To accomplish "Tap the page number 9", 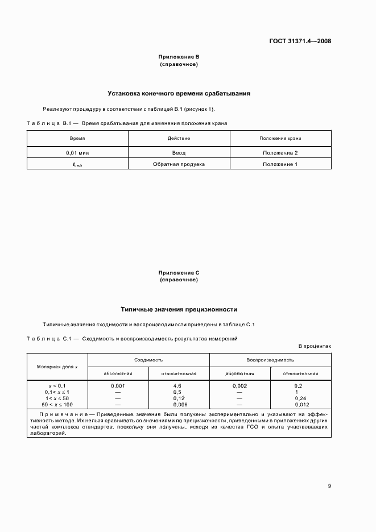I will pos(329,486).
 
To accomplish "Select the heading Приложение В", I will pos(179,57).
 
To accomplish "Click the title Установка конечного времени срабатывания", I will pos(179,93).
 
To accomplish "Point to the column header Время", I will pos(77,138).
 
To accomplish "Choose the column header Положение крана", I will pos(280,138).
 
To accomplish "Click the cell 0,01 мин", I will pos(77,153).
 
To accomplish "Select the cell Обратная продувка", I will pos(179,164).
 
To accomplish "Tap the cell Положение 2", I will pos(280,153).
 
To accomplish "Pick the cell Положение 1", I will pos(280,164).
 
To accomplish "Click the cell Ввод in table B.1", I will pos(179,153).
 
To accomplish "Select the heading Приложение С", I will pos(179,273).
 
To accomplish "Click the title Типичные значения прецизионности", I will pos(179,309).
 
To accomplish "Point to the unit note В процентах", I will pos(315,346).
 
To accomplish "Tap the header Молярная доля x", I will pos(57,367).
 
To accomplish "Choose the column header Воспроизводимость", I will pos(270,360).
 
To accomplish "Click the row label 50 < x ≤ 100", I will pos(58,404).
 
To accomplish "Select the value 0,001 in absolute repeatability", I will pos(118,385).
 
